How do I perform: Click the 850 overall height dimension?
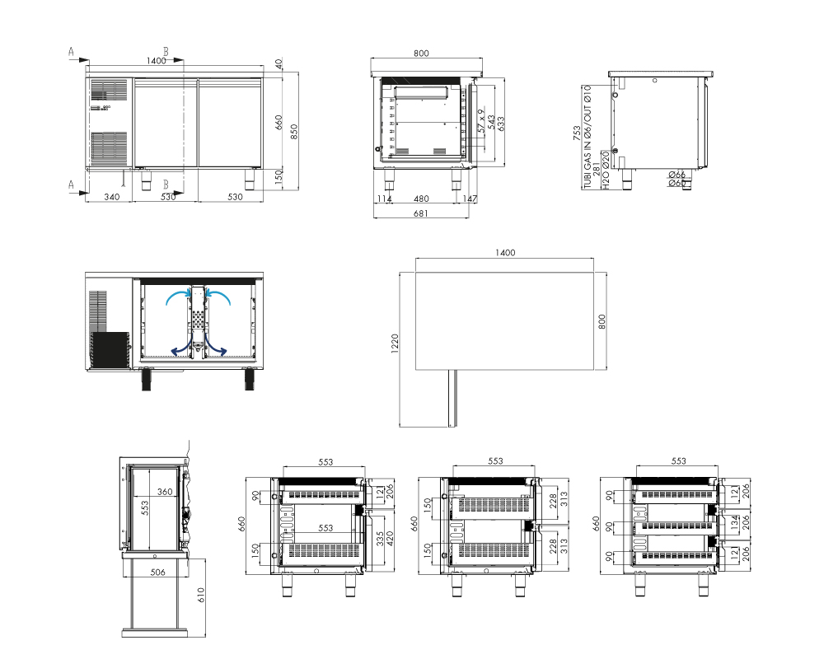[x=294, y=131]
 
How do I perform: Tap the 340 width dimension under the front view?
[x=111, y=197]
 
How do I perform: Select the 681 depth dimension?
[x=420, y=213]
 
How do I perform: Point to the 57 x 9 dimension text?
[x=481, y=121]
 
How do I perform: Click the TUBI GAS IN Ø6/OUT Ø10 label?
[x=588, y=137]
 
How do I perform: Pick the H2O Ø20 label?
[x=606, y=171]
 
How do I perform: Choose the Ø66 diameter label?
[x=677, y=175]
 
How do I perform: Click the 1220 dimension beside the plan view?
[x=395, y=344]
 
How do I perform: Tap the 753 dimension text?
[x=577, y=133]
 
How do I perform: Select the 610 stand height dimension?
[x=201, y=595]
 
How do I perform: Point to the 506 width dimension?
[x=157, y=573]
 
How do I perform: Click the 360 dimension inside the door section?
[x=165, y=492]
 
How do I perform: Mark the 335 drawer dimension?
[x=379, y=540]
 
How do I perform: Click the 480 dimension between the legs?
[x=421, y=199]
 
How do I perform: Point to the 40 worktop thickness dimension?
[x=279, y=63]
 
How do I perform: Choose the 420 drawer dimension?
[x=390, y=540]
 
